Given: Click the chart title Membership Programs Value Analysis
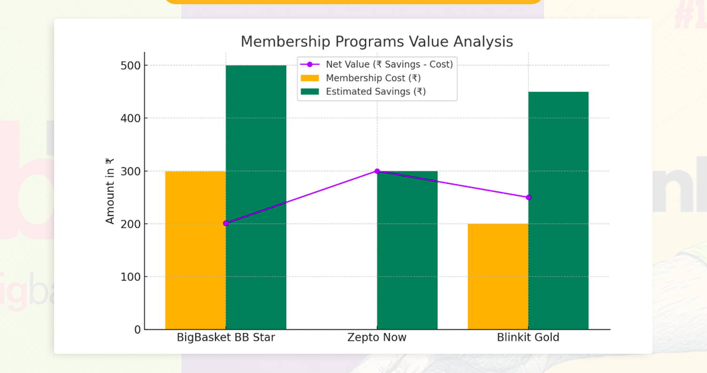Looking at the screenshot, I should pyautogui.click(x=376, y=42).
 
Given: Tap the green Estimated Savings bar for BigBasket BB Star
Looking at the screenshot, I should pyautogui.click(x=256, y=198).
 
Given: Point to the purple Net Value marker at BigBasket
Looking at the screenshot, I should pyautogui.click(x=226, y=223).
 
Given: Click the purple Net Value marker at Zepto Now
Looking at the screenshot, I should pyautogui.click(x=377, y=171).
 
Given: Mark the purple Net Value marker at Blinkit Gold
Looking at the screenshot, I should pyautogui.click(x=528, y=198).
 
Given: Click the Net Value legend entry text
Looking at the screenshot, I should pyautogui.click(x=389, y=64).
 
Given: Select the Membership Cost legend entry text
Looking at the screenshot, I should pyautogui.click(x=373, y=78).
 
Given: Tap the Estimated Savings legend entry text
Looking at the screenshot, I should pyautogui.click(x=375, y=91).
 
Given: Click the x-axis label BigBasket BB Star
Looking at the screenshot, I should pyautogui.click(x=226, y=338).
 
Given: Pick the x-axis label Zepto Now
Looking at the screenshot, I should pyautogui.click(x=377, y=338).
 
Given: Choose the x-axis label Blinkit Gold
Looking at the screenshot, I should pyautogui.click(x=528, y=338).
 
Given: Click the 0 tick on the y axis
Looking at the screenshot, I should pyautogui.click(x=137, y=330).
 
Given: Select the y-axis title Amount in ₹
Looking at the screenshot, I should pyautogui.click(x=110, y=191).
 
